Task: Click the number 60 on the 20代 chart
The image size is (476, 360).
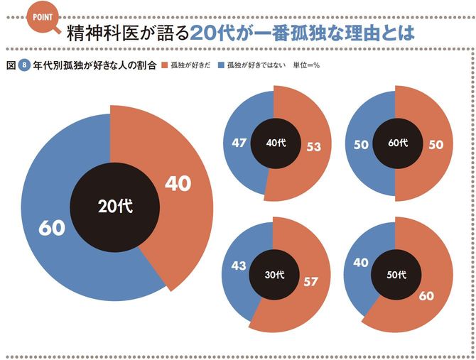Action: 53,228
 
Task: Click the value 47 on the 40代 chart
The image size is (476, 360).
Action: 238,143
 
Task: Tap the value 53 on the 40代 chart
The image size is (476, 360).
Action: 313,147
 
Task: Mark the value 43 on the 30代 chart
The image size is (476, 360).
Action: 238,266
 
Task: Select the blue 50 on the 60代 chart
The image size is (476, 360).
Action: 362,143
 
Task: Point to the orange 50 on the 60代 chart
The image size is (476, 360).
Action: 436,143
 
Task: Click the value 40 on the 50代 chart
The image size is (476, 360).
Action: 361,263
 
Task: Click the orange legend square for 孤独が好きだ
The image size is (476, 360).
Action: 165,65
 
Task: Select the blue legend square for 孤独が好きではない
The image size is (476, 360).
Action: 222,65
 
